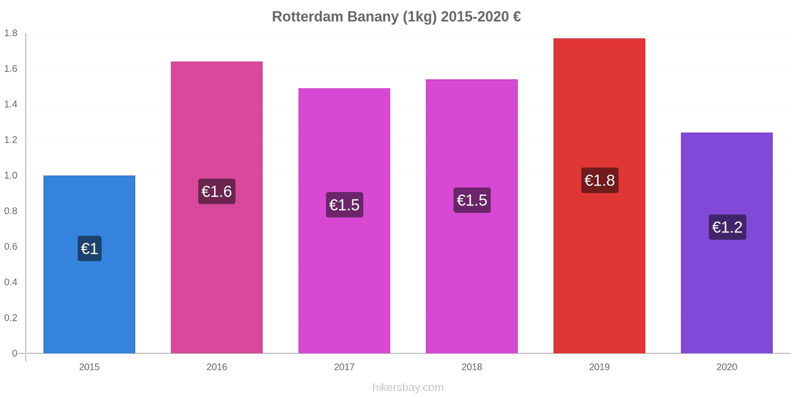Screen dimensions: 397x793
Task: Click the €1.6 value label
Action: click(217, 192)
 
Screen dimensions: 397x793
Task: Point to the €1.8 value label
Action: click(600, 181)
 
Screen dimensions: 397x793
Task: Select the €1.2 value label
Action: click(727, 227)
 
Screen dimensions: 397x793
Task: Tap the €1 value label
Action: click(90, 249)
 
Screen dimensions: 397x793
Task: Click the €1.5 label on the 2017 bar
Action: click(344, 205)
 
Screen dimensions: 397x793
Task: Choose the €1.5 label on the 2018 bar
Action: click(472, 200)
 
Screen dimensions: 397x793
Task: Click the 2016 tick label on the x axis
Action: click(217, 367)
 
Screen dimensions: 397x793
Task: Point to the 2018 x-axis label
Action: click(472, 367)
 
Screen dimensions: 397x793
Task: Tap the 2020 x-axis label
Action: click(727, 367)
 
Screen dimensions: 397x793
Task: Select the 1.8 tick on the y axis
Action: click(11, 33)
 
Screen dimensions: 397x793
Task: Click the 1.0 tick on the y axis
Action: click(11, 176)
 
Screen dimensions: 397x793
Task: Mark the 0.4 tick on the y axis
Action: click(11, 282)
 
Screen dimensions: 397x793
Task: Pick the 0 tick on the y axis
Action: click(15, 353)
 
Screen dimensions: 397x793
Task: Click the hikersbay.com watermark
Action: click(408, 388)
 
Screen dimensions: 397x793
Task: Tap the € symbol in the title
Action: click(517, 17)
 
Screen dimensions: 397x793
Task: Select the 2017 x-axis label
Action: click(344, 367)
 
